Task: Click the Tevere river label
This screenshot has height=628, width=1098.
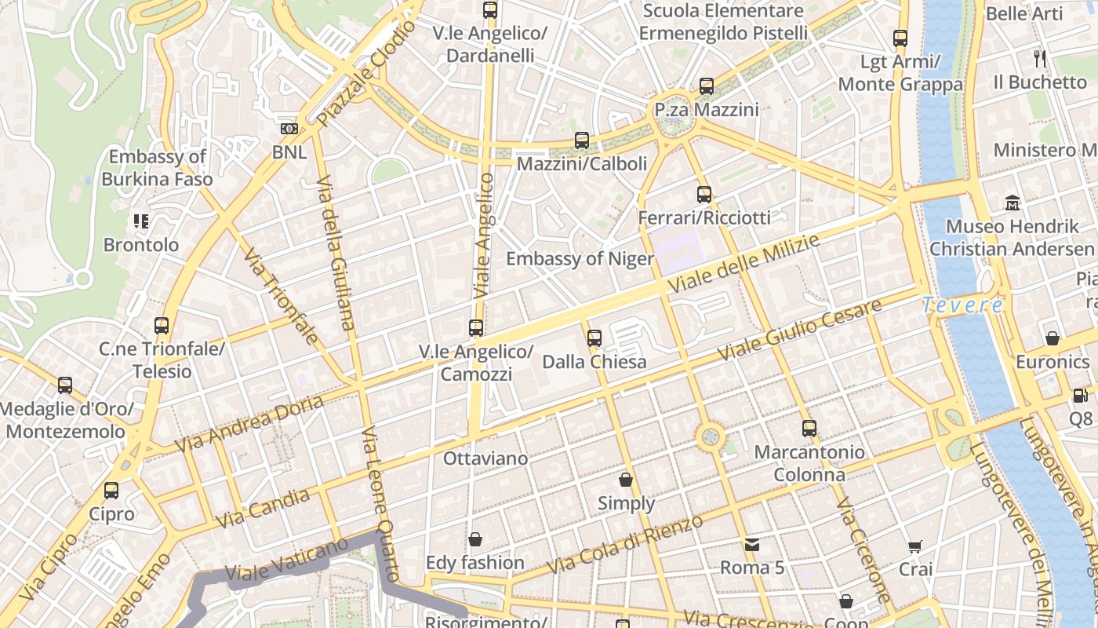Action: pos(962,305)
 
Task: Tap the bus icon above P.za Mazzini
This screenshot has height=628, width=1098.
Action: pos(707,86)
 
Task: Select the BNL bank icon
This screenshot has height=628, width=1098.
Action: pos(289,129)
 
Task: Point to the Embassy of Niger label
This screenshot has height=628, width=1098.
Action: pos(580,259)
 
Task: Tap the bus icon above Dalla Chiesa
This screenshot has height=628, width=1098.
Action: pos(594,338)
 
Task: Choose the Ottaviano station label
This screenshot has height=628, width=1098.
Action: pos(485,458)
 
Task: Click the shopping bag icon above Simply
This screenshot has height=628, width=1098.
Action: pos(626,480)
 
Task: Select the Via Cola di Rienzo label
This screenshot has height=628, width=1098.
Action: pos(624,544)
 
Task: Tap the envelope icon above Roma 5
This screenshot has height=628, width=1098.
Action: pos(751,544)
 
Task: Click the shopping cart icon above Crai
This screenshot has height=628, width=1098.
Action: pos(915,546)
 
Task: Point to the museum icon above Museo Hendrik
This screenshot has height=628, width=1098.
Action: pos(1013,203)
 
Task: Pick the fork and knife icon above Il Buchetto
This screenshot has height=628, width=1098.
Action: pos(1040,58)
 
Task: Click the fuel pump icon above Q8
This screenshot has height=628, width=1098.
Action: pos(1080,396)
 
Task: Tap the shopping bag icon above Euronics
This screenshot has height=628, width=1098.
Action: pos(1053,338)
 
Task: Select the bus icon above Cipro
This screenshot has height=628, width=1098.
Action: pos(111,491)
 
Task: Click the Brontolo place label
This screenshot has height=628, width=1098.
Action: pos(141,245)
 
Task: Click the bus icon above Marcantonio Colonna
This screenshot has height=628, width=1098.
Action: pos(809,429)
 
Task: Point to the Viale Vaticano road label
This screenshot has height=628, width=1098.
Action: pos(285,560)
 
